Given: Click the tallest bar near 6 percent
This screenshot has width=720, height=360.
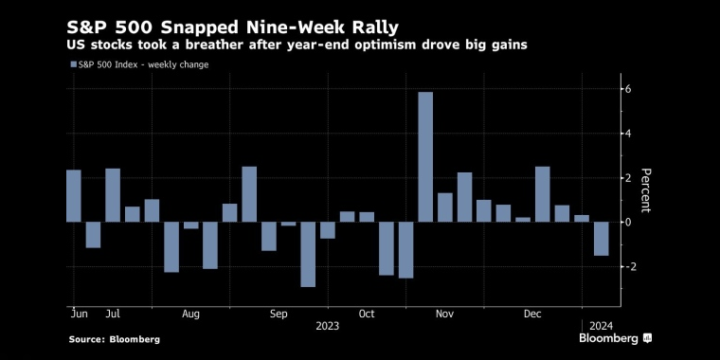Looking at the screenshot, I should point(425,156).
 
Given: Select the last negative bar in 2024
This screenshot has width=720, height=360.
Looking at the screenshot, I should point(601,239).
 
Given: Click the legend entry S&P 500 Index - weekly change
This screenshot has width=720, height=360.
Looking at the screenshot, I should point(139,64).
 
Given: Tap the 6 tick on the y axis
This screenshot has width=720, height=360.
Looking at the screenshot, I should point(627,89).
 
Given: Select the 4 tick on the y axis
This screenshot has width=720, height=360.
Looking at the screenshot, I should point(627,134).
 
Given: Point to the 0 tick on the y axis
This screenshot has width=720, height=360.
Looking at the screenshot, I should point(627,222).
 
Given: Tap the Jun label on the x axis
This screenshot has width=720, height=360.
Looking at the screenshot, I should point(79,312).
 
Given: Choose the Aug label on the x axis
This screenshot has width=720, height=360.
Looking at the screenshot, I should point(190,312).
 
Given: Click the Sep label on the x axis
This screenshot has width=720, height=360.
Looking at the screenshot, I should point(279,312).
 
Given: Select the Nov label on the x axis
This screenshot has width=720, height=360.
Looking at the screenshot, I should point(443,312).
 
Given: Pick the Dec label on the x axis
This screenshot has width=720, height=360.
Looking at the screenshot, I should point(531,312).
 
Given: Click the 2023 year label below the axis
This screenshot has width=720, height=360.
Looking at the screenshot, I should point(328,325).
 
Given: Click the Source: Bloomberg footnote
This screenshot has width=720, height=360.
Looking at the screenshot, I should point(115,338).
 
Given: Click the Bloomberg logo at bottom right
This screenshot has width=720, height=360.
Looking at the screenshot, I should point(615,337).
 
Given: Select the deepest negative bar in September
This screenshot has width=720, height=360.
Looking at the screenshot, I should point(308,254).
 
